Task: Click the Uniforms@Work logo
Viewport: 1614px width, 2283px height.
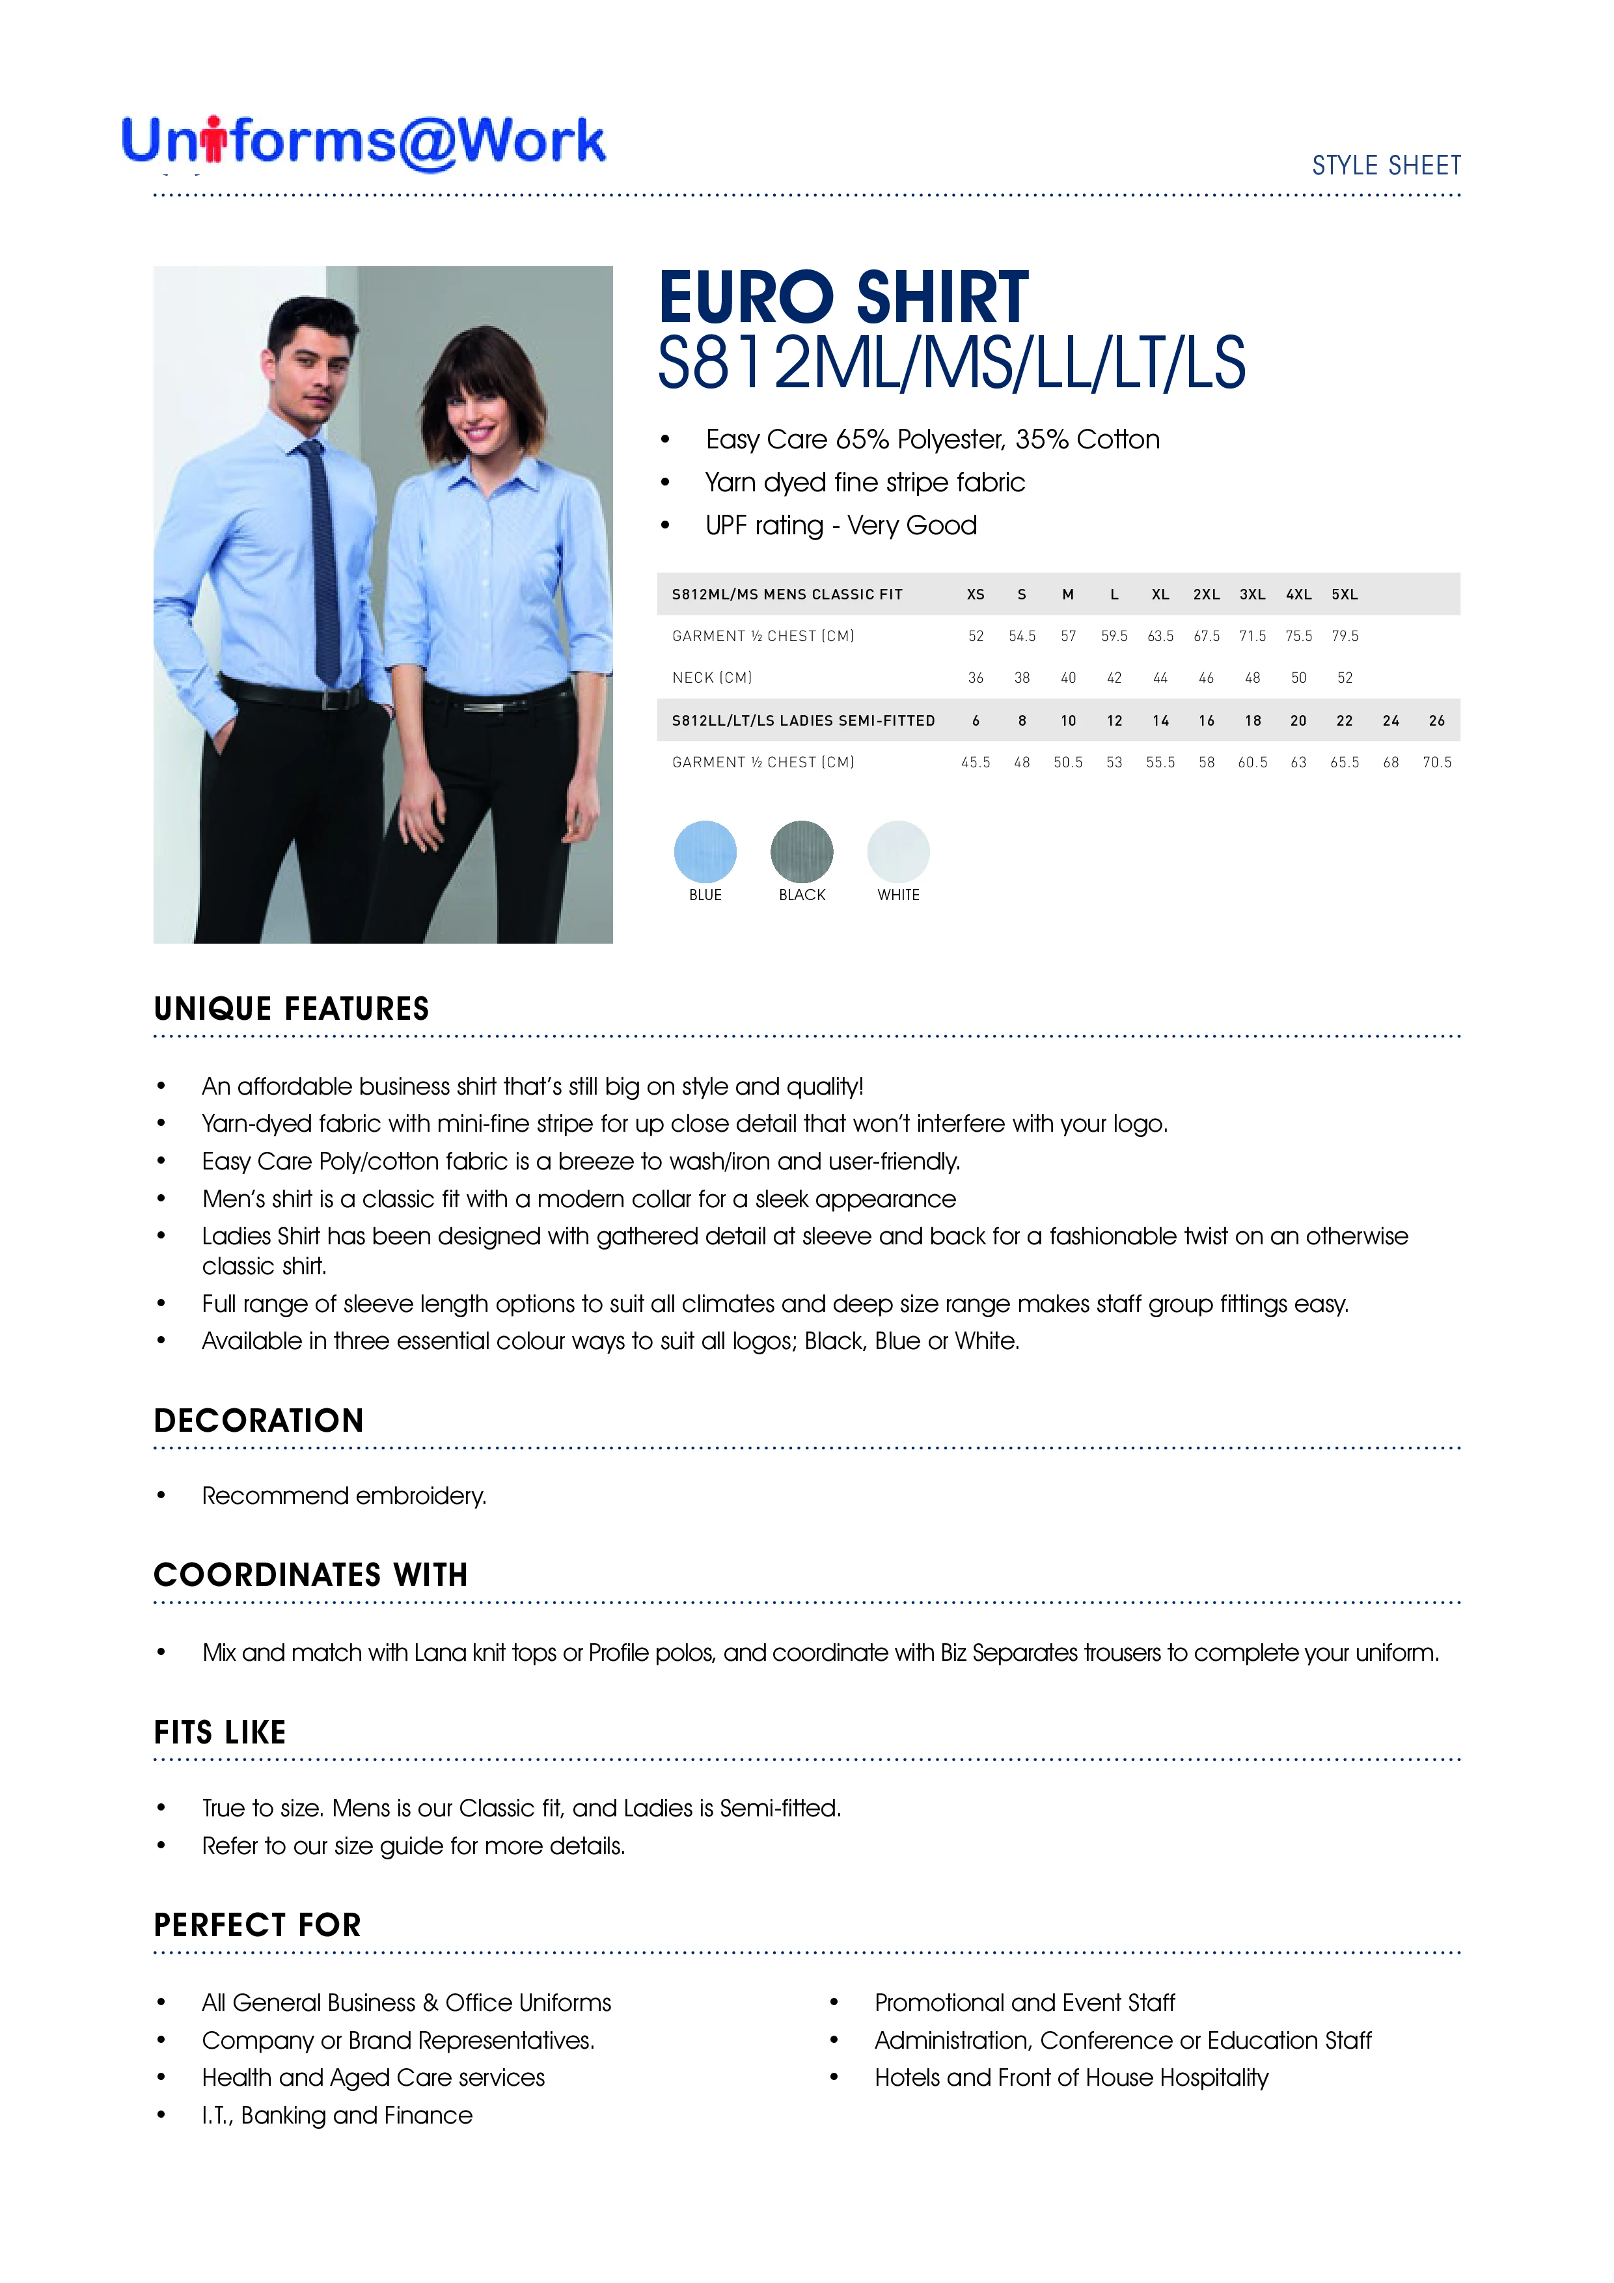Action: (x=363, y=141)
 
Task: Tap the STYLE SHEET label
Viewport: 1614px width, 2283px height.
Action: (x=1386, y=165)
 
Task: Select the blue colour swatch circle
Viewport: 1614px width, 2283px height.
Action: (x=705, y=851)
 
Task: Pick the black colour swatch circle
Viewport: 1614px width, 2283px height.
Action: (x=802, y=851)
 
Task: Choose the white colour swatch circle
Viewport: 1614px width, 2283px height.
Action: (x=898, y=851)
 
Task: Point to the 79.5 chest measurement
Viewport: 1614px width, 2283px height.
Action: (x=1345, y=636)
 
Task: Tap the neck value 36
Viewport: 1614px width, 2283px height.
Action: (x=976, y=678)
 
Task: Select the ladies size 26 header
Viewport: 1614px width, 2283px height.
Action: (x=1436, y=721)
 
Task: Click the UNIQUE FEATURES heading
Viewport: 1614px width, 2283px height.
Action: (x=292, y=1009)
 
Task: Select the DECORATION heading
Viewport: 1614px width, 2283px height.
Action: (x=258, y=1421)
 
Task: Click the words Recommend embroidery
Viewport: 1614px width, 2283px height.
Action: (x=344, y=1496)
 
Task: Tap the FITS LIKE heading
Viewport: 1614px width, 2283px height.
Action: (x=220, y=1733)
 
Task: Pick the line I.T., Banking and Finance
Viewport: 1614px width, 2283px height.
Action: (x=337, y=2115)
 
